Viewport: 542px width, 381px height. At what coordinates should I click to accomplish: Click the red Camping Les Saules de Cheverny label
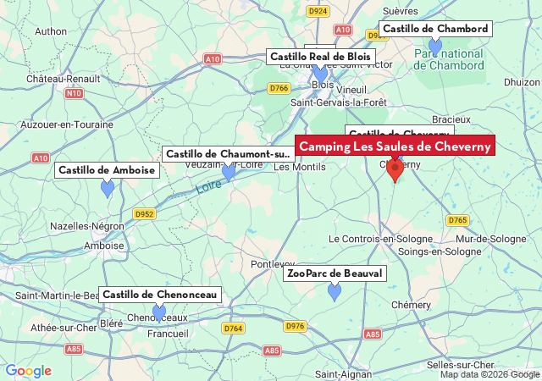(x=395, y=146)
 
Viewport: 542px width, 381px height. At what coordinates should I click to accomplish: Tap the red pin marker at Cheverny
(x=395, y=169)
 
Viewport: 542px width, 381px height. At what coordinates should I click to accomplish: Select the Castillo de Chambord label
(x=435, y=29)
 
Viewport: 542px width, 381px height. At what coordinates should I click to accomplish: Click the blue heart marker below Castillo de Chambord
(x=435, y=46)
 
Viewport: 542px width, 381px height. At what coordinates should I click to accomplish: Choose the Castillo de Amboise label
(x=107, y=170)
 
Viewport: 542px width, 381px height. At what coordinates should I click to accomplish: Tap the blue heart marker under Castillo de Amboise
(x=108, y=189)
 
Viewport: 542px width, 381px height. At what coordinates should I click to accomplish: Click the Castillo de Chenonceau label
(x=160, y=295)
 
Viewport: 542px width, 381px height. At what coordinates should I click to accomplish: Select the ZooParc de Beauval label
(x=335, y=273)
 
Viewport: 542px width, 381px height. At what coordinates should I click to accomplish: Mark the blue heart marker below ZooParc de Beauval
(x=335, y=292)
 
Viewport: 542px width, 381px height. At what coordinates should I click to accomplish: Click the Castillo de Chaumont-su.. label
(x=228, y=153)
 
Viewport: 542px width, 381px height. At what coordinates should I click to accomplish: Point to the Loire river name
(x=208, y=185)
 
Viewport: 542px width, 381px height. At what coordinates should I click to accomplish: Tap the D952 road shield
(x=144, y=214)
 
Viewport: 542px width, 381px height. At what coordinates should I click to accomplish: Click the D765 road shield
(x=457, y=220)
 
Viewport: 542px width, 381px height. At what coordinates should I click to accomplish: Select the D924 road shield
(x=318, y=11)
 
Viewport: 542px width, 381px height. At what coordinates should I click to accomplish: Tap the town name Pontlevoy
(x=273, y=265)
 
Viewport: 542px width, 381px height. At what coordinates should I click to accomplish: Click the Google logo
(x=28, y=371)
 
